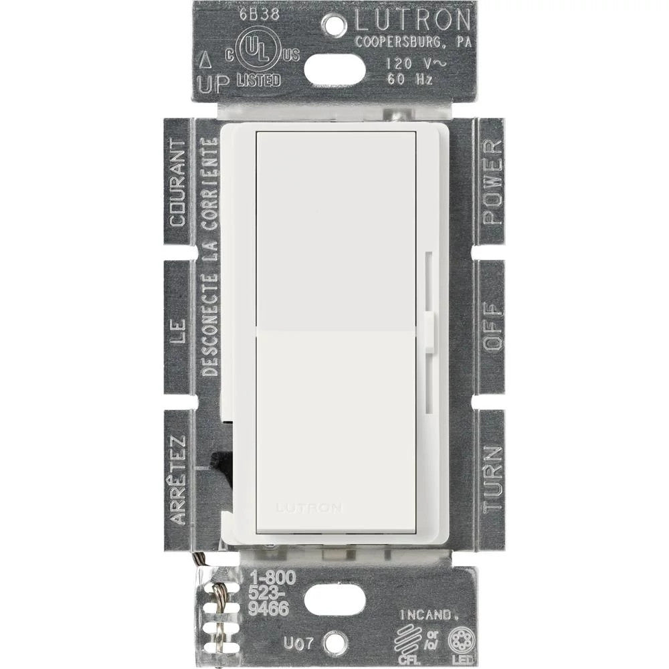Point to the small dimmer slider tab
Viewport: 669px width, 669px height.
click(x=429, y=330)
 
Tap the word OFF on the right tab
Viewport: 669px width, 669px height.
click(x=492, y=328)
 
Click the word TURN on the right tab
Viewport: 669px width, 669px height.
click(x=492, y=479)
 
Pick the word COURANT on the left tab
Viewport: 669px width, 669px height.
click(x=177, y=182)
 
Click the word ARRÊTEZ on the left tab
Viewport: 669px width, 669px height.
click(x=177, y=480)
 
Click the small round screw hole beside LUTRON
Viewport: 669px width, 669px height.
click(x=334, y=27)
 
